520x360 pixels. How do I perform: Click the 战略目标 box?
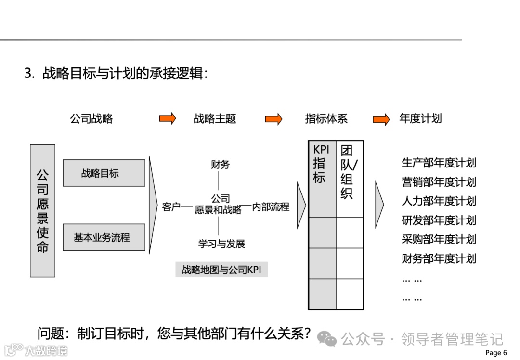104,173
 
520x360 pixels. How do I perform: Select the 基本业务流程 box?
104,237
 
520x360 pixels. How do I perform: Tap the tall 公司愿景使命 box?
42,211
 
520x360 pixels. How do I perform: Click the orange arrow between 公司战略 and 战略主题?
168,118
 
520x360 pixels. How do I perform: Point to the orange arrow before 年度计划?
381,119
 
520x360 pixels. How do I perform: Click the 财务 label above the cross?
220,165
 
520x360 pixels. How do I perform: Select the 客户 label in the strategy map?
171,207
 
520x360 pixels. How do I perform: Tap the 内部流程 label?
271,207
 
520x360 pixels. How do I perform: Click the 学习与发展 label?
221,244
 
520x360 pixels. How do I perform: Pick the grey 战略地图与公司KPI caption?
221,270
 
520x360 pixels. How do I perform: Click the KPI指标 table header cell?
322,178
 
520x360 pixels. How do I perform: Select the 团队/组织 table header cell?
349,178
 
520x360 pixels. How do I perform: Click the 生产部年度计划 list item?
439,163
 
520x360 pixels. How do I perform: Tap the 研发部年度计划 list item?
439,220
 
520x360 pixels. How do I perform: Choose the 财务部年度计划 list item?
439,258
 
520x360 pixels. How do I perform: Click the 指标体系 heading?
326,118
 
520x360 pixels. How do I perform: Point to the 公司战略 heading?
91,118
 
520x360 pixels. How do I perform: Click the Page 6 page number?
496,353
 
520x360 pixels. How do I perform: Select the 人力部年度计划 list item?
439,201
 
